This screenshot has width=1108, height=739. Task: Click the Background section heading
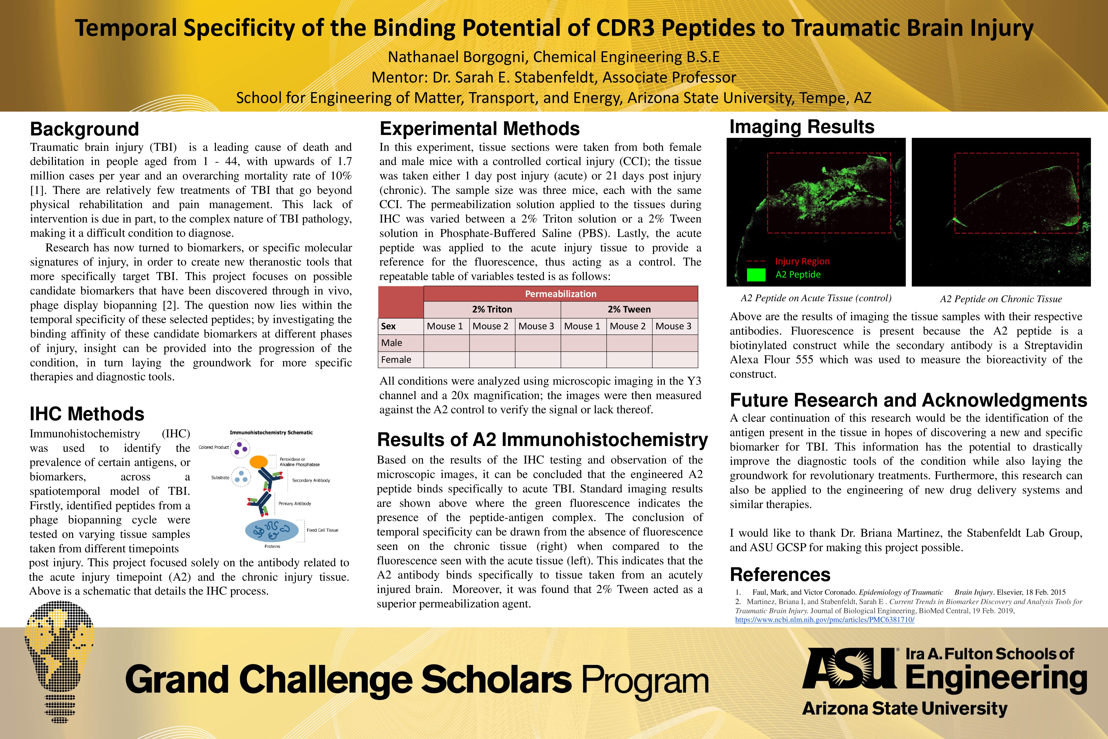84,129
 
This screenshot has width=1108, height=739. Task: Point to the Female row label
396,360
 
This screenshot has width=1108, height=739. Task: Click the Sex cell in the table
389,326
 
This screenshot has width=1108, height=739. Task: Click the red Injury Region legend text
802,261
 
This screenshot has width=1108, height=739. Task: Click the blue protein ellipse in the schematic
272,530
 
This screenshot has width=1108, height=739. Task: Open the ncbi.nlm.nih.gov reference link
825,620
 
